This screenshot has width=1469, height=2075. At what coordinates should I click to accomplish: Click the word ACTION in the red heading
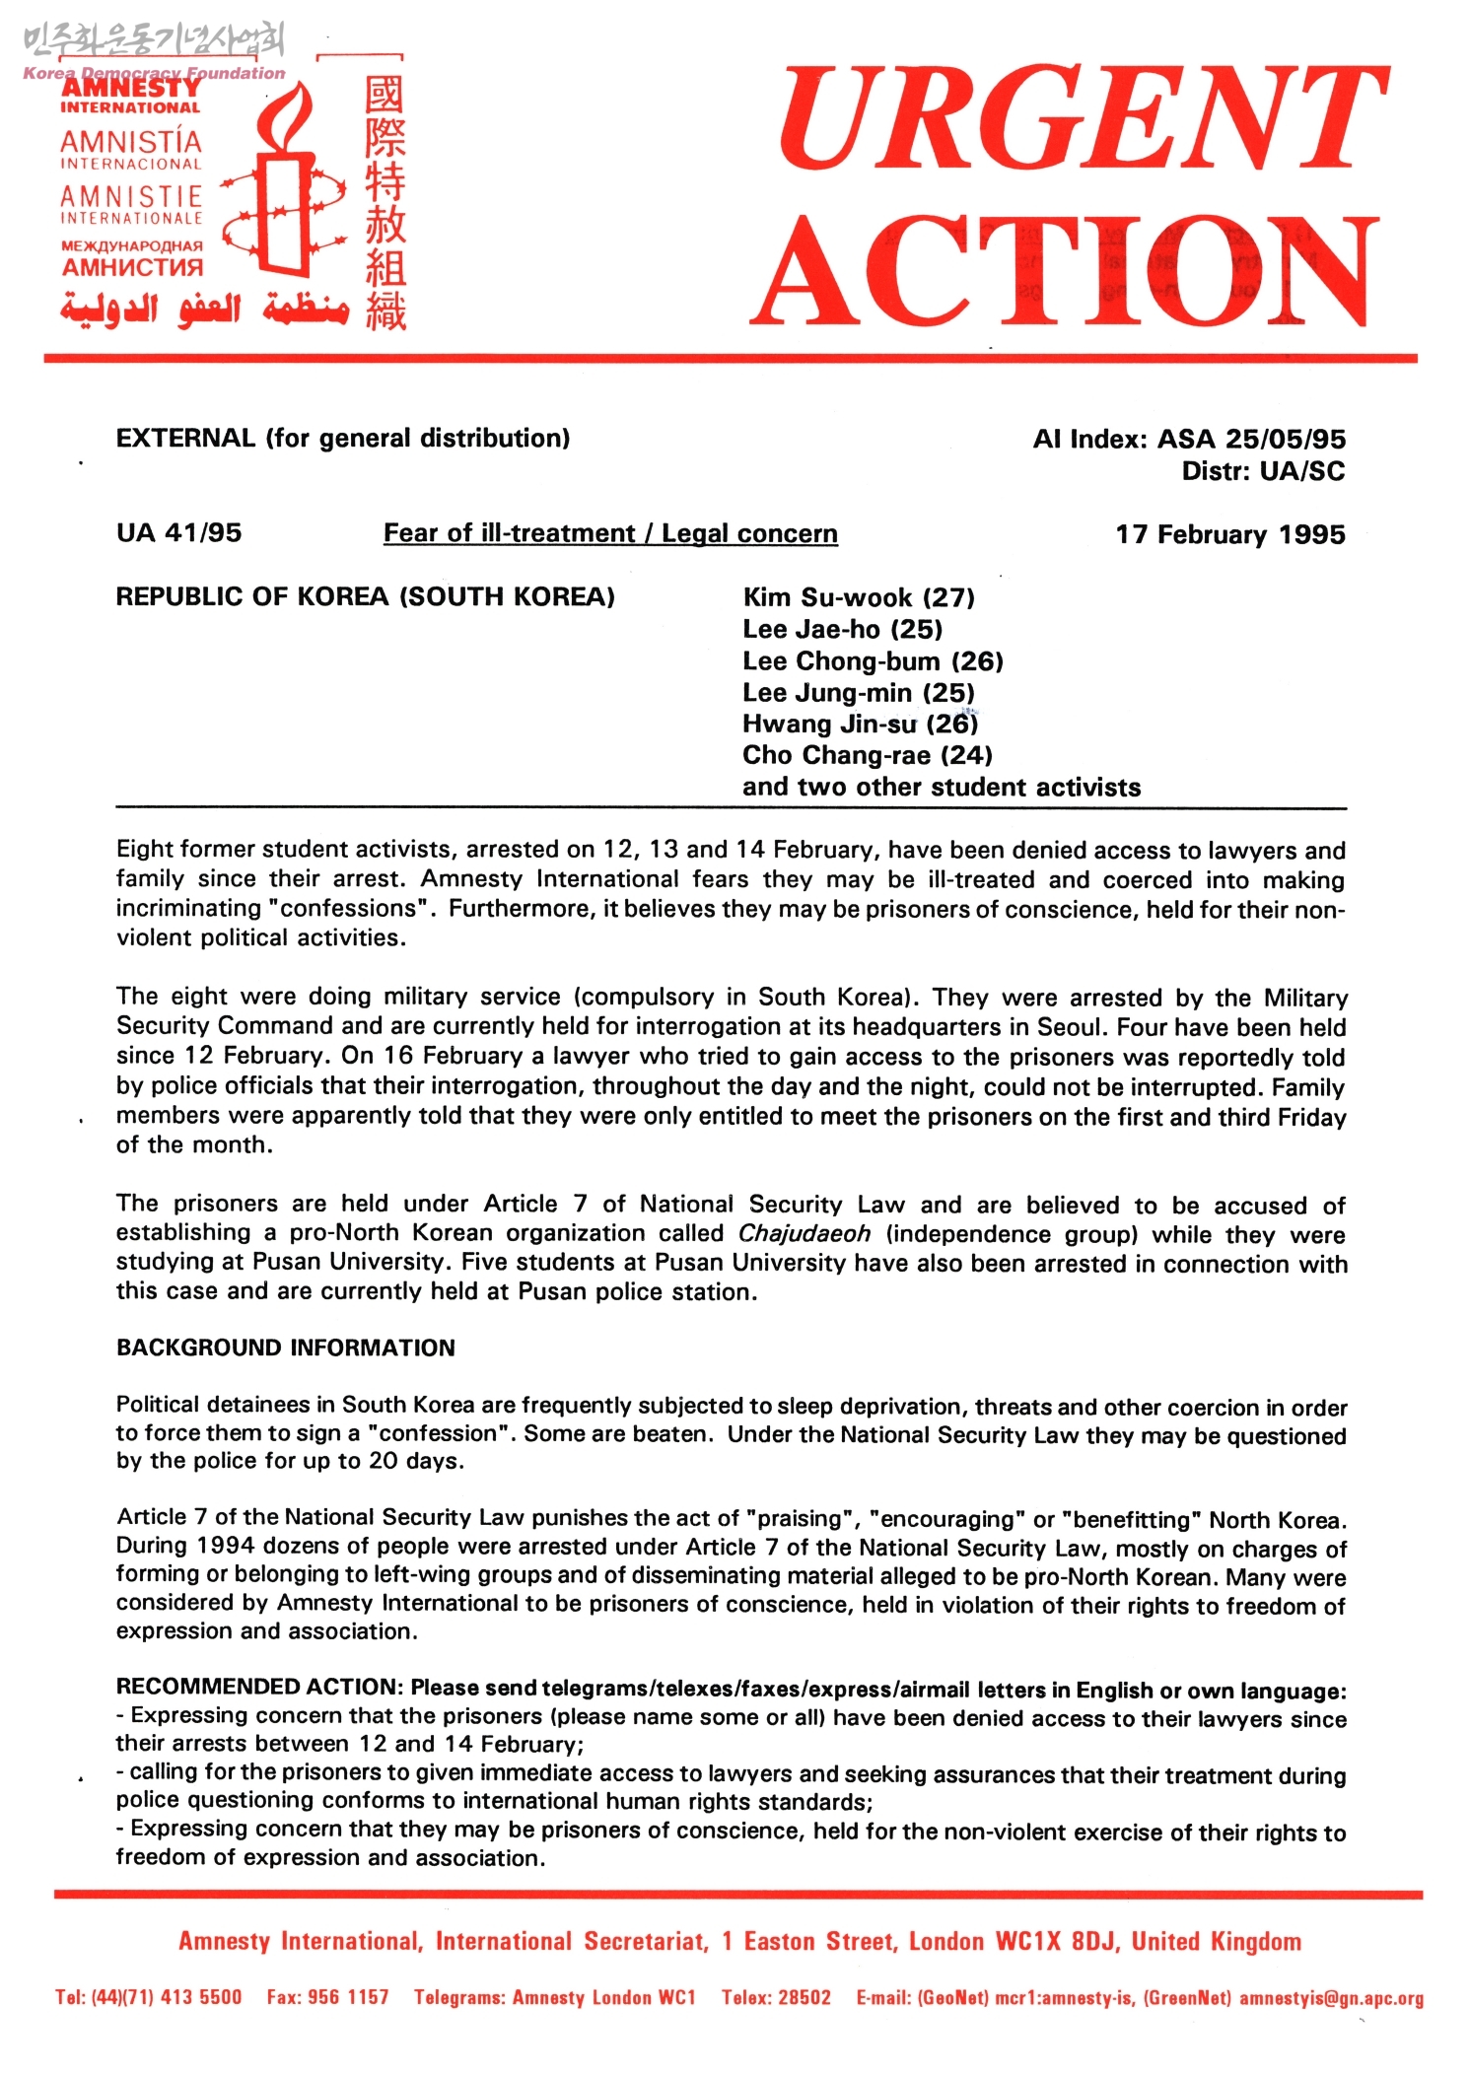pyautogui.click(x=1065, y=271)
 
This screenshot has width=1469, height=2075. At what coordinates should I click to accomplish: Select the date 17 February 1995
pyautogui.click(x=1229, y=535)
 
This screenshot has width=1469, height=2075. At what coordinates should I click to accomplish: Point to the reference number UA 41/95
pyautogui.click(x=178, y=533)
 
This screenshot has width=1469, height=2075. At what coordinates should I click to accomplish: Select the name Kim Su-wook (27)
pyautogui.click(x=858, y=598)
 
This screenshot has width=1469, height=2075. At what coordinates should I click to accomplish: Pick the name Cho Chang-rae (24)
pyautogui.click(x=867, y=756)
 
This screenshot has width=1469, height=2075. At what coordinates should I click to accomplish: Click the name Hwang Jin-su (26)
pyautogui.click(x=860, y=725)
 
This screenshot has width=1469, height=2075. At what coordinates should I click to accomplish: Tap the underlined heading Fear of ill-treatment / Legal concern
pyautogui.click(x=610, y=534)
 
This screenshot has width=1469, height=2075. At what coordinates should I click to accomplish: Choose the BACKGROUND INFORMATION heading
pyautogui.click(x=286, y=1349)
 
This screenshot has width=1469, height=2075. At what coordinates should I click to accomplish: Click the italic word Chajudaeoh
pyautogui.click(x=804, y=1234)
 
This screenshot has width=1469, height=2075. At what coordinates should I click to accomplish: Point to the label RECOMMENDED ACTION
pyautogui.click(x=258, y=1688)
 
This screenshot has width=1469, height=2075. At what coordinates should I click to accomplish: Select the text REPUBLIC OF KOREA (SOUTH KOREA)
pyautogui.click(x=365, y=597)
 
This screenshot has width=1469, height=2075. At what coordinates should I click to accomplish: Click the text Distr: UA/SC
pyautogui.click(x=1263, y=471)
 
